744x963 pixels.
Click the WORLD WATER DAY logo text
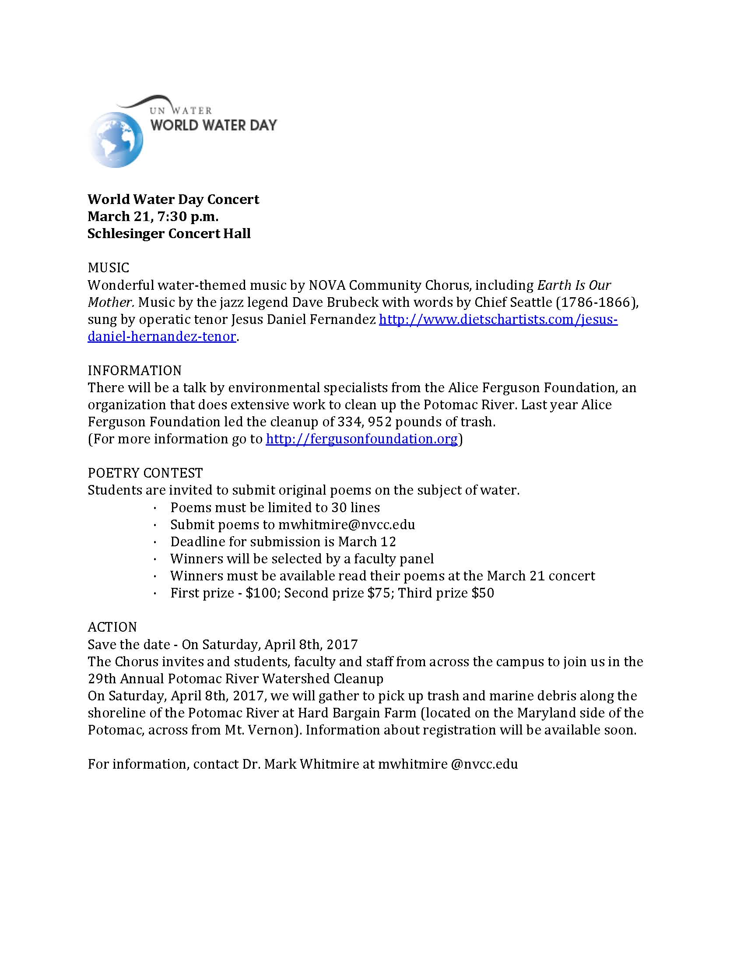214,125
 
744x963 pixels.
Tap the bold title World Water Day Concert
173,199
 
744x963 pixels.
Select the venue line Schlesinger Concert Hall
169,233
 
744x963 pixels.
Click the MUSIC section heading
109,267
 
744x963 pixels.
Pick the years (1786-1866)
593,302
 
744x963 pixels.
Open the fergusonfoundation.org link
361,439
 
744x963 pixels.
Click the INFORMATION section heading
134,370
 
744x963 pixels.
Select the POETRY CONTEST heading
145,473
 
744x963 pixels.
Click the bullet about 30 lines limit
275,507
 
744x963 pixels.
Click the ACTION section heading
112,627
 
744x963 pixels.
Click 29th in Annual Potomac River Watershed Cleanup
102,678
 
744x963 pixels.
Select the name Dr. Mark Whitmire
301,764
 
